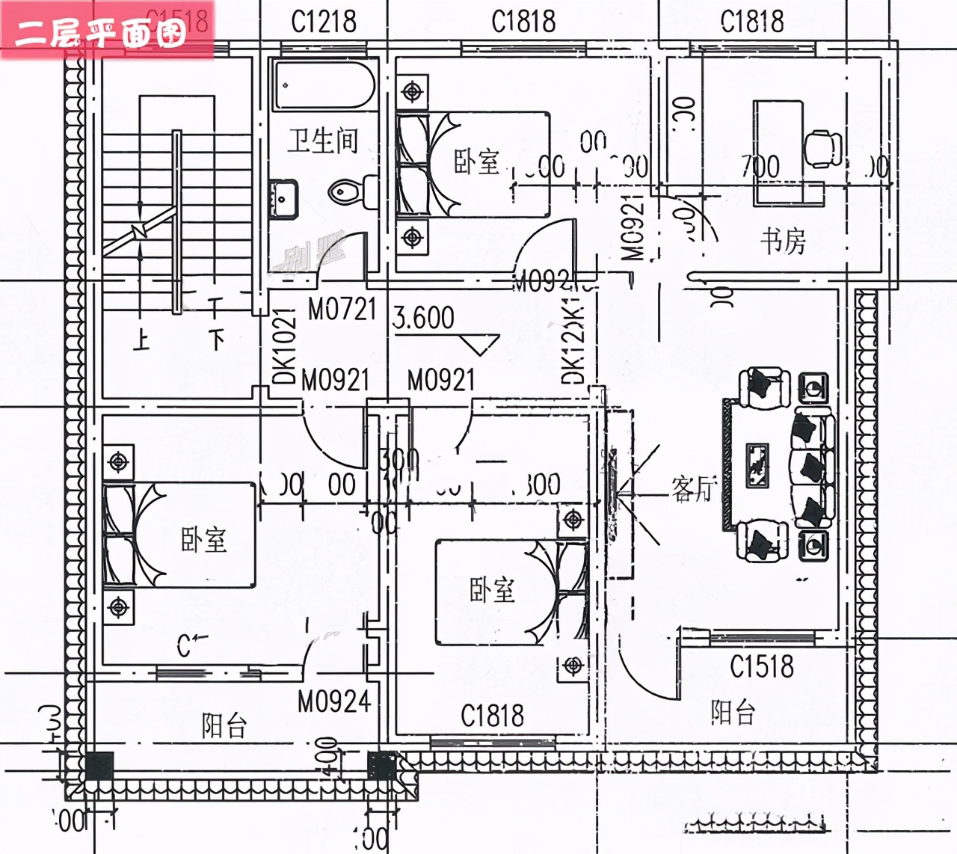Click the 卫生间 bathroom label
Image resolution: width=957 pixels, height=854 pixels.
(x=323, y=141)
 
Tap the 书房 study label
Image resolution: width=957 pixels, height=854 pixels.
(x=783, y=242)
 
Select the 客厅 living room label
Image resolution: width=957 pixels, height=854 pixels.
(x=692, y=489)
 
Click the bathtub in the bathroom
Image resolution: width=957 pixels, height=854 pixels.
(x=324, y=85)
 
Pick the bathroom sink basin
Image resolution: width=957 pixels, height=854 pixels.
(x=283, y=197)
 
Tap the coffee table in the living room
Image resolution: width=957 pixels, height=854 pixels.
(x=758, y=465)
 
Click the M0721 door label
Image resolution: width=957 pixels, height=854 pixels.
(x=342, y=309)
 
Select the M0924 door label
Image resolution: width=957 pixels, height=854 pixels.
(x=334, y=701)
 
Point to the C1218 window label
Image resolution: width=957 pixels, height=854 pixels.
(x=324, y=22)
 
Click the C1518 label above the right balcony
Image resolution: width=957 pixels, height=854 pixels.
(x=761, y=666)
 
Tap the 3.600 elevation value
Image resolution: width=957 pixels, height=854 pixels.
(x=423, y=318)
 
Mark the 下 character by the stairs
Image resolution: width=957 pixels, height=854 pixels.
(x=216, y=339)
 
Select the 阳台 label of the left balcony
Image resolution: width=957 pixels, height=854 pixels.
(x=224, y=725)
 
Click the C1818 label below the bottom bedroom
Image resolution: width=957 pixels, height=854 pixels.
(x=492, y=716)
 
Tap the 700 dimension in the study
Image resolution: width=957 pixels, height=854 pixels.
(x=760, y=167)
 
